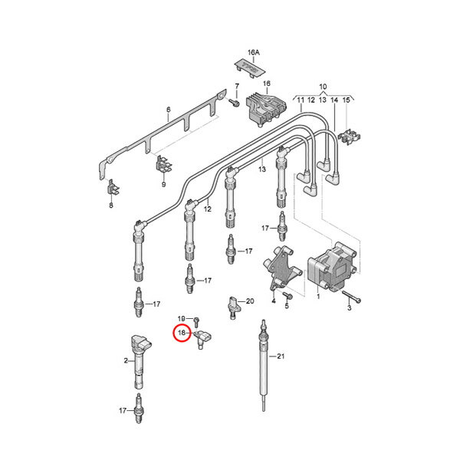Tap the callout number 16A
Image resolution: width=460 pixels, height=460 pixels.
[x=254, y=52]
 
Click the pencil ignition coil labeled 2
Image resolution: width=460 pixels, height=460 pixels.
[x=140, y=361]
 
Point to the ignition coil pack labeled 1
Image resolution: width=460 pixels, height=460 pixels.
[x=332, y=266]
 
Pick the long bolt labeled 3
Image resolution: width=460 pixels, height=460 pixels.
[x=351, y=296]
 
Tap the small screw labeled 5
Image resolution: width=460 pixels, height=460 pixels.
[x=287, y=295]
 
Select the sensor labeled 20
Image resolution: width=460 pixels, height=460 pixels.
[x=234, y=307]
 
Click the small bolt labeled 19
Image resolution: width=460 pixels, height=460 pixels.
[x=197, y=321]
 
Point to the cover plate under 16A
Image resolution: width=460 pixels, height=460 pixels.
[x=250, y=69]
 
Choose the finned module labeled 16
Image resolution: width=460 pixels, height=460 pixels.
[x=266, y=110]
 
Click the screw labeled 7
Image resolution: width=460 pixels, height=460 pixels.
[x=234, y=103]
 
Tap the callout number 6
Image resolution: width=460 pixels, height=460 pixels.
[x=169, y=110]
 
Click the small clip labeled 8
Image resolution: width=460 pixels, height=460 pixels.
[x=113, y=187]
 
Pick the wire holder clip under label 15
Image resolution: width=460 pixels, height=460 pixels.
[x=350, y=137]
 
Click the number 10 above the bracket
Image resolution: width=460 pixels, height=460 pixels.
[x=323, y=87]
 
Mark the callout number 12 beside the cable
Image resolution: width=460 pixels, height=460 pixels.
[x=208, y=209]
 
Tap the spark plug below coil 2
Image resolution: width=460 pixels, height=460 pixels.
[x=139, y=408]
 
